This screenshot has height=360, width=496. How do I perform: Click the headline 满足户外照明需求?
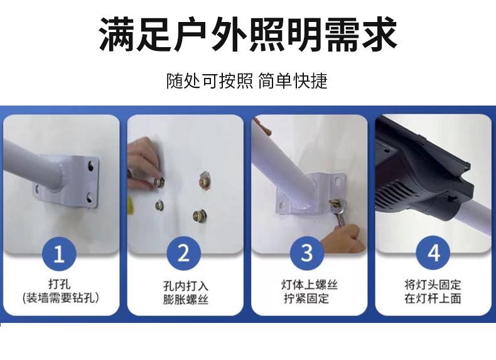tap(248, 34)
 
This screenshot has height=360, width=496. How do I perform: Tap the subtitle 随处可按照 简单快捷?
tap(247, 81)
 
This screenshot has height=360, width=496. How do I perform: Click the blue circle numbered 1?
tap(59, 254)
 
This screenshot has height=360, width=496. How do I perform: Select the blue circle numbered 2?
tap(183, 254)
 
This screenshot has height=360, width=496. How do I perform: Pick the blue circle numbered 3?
tap(307, 253)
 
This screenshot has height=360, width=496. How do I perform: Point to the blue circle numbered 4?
tap(433, 253)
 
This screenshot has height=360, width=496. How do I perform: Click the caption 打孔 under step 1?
tap(60, 284)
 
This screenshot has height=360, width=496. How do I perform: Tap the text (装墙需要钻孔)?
tap(61, 298)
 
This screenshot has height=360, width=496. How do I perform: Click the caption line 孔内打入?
tap(186, 286)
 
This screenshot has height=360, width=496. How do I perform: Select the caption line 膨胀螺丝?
tap(186, 300)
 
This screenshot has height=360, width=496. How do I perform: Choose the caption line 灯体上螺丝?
tap(310, 285)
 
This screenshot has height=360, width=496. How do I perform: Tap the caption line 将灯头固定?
tap(433, 285)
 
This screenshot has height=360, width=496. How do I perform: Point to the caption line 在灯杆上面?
tap(433, 298)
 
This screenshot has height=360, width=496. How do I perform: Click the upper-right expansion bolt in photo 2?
tap(205, 181)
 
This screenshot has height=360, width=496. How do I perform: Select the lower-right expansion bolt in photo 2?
tap(198, 215)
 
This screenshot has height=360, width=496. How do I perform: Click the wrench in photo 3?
tap(339, 213)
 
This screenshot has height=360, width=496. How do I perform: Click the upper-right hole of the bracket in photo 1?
tap(91, 166)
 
